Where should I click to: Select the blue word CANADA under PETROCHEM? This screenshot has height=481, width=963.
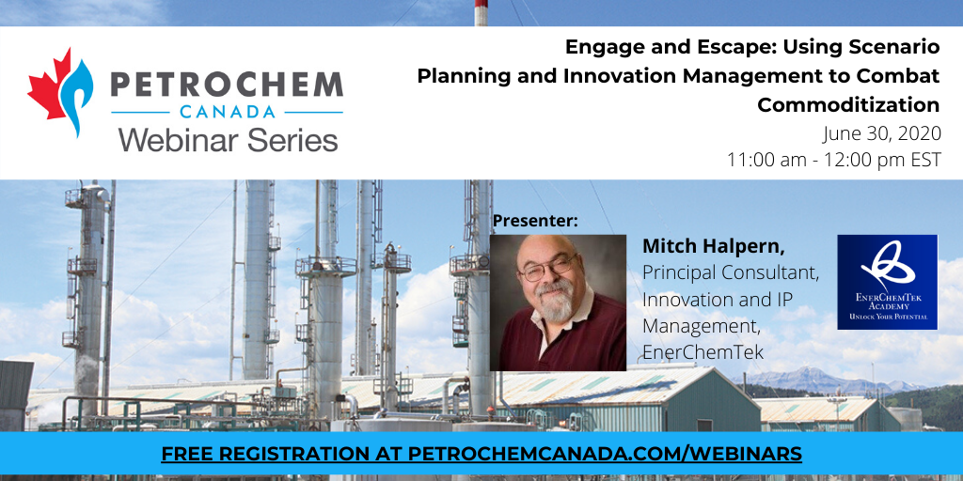click(x=228, y=112)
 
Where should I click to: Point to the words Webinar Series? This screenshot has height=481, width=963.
click(x=229, y=139)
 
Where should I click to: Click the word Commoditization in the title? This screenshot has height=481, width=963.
click(x=848, y=105)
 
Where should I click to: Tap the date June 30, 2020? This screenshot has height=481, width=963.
click(x=882, y=133)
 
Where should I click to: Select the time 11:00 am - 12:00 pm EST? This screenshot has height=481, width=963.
click(x=833, y=160)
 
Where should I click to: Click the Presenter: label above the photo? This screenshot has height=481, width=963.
click(x=535, y=221)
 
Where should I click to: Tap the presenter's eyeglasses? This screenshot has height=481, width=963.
click(x=546, y=269)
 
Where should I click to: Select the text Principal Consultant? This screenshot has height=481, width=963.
click(x=731, y=273)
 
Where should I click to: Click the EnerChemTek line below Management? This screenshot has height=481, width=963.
click(x=703, y=352)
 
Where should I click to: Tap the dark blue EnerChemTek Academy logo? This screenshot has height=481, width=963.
click(x=888, y=282)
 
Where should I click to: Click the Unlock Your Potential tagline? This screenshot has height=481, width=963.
click(x=888, y=317)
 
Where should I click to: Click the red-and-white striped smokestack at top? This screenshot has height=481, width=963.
click(x=481, y=13)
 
